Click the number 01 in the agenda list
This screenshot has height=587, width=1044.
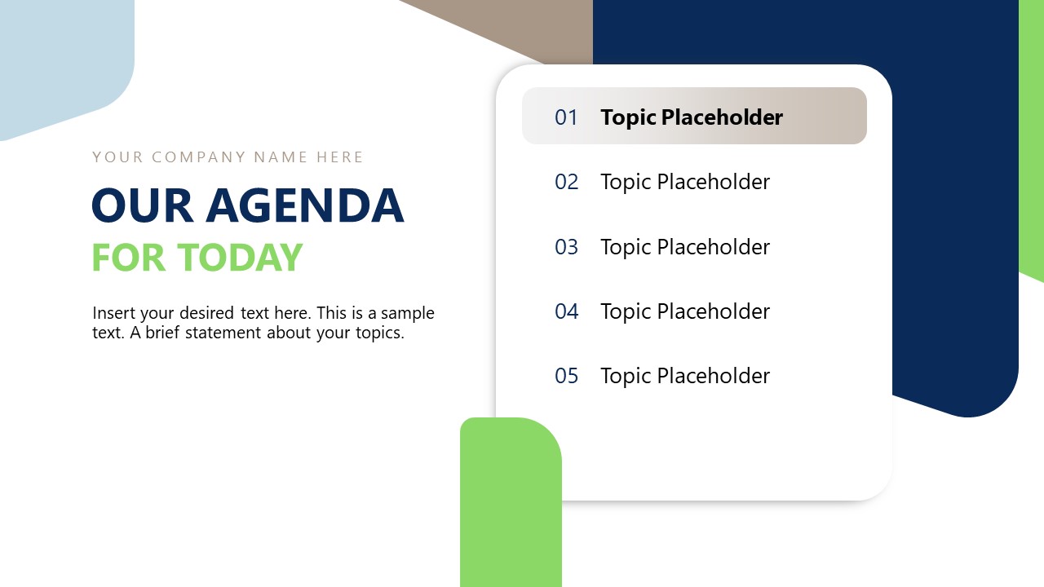[566, 117]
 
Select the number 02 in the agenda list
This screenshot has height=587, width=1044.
[566, 182]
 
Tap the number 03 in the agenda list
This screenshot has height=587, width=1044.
[566, 247]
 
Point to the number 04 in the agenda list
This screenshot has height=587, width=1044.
[566, 311]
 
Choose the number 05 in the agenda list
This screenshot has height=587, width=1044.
[566, 376]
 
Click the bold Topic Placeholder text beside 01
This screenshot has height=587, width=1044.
[692, 117]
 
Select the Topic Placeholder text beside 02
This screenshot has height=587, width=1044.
[685, 182]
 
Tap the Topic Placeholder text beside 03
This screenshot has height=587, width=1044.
[685, 247]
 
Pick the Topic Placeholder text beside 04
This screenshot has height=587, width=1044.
[685, 311]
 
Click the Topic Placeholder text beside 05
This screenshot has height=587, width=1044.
[685, 376]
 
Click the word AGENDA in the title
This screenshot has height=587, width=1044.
[305, 205]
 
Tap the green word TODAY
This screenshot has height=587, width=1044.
[241, 258]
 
